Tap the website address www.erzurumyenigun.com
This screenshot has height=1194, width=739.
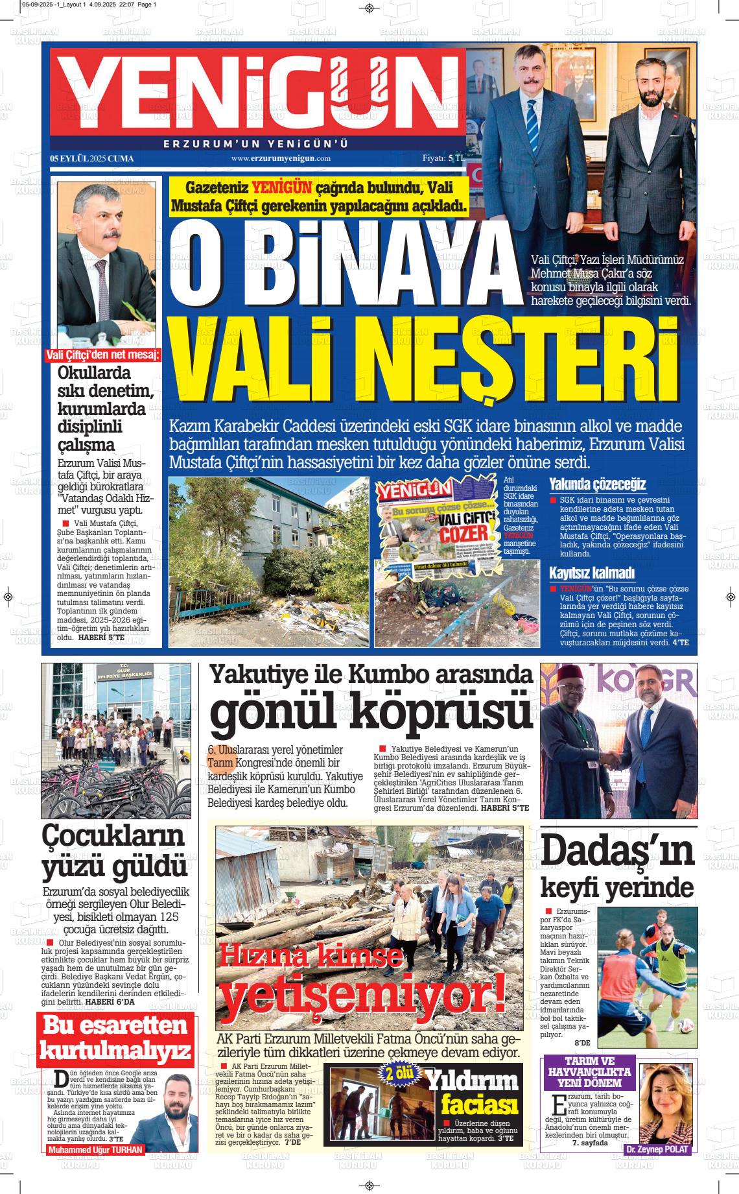coord(281,158)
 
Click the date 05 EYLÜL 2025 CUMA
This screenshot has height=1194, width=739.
coord(92,158)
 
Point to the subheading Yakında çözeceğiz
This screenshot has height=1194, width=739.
coord(597,484)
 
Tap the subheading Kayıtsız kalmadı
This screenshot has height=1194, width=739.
coord(592,573)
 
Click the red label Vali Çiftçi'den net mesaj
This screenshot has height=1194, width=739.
coord(104,355)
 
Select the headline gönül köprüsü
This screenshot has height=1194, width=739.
coord(370,712)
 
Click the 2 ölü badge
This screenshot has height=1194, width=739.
coord(399,1073)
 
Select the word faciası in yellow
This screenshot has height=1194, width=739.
coord(480,1104)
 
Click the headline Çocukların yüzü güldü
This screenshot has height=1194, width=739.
coord(114,851)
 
